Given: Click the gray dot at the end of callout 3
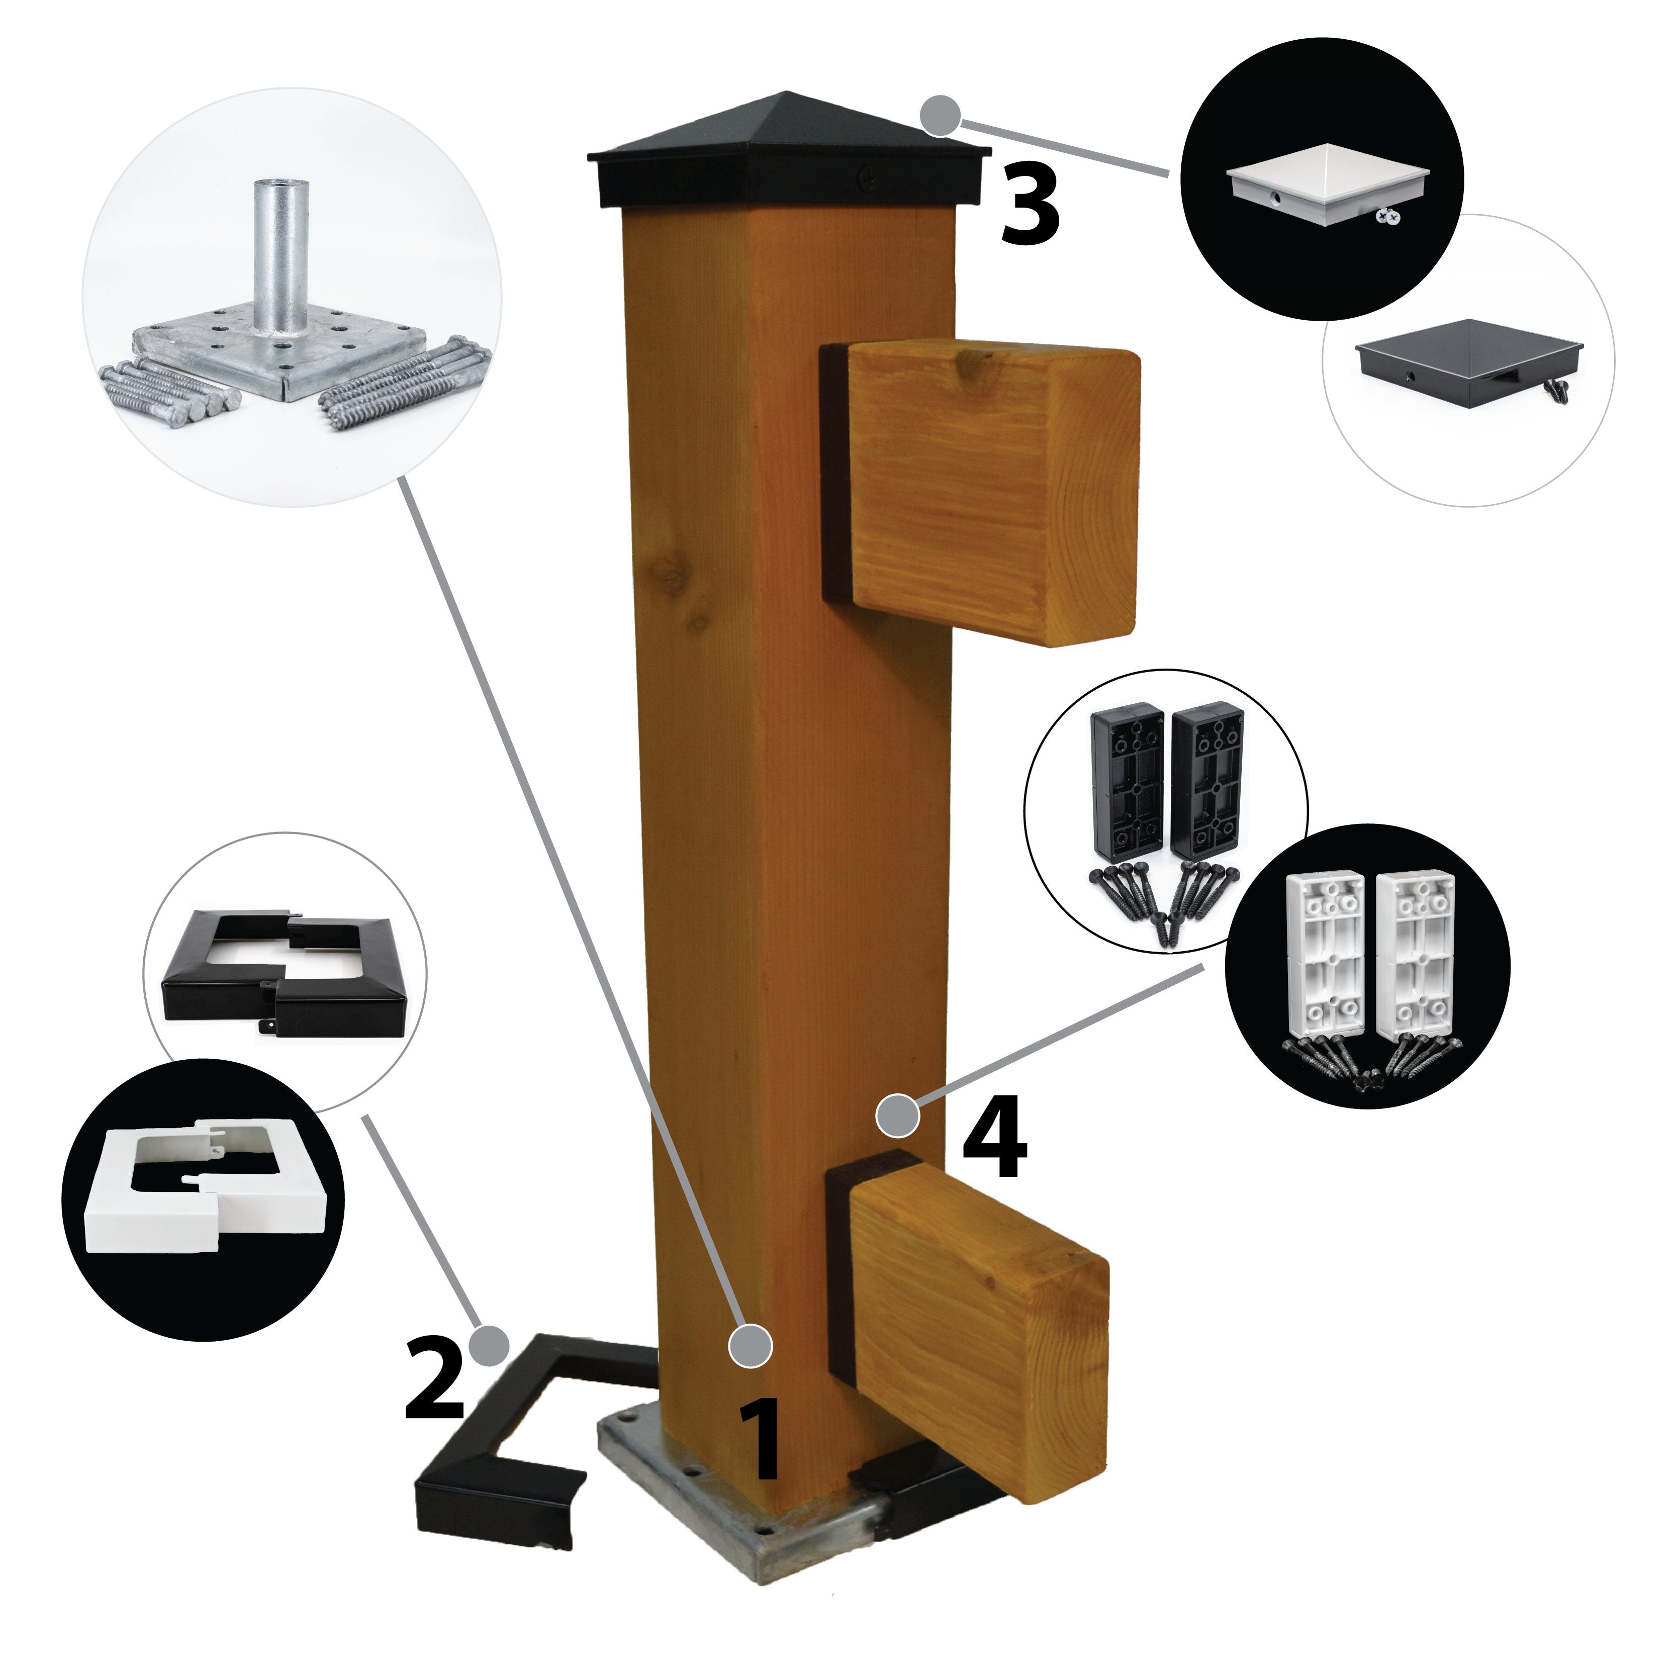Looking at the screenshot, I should (940, 116).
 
